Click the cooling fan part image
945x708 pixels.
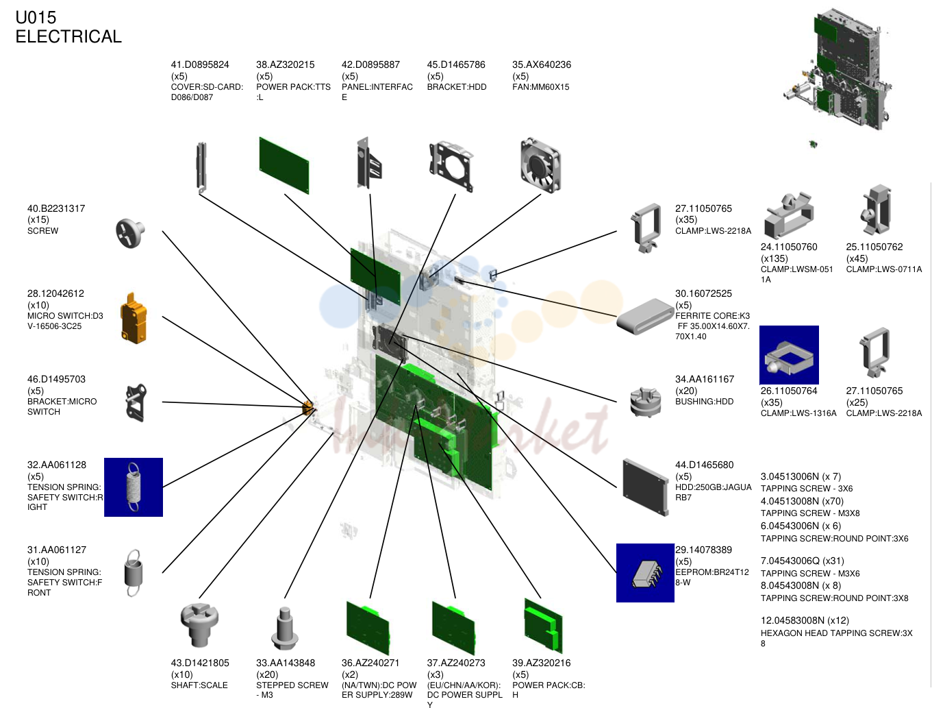pyautogui.click(x=541, y=164)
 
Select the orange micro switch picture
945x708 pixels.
pyautogui.click(x=134, y=318)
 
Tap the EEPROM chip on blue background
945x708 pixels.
pyautogui.click(x=645, y=573)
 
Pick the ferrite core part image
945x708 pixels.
pyautogui.click(x=645, y=316)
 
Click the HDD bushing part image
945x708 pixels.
pyautogui.click(x=645, y=402)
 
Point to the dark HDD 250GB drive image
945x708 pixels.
pyautogui.click(x=646, y=487)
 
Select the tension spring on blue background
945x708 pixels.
pyautogui.click(x=134, y=487)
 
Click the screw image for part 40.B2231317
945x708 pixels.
pyautogui.click(x=130, y=233)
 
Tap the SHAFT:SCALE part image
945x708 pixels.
pyautogui.click(x=199, y=624)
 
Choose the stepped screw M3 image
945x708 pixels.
pyautogui.click(x=285, y=628)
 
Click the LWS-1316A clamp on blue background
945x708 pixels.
pyautogui.click(x=789, y=354)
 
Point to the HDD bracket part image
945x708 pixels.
pyautogui.click(x=451, y=165)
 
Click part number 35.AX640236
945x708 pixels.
pyautogui.click(x=542, y=64)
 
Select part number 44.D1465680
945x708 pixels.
pyautogui.click(x=705, y=465)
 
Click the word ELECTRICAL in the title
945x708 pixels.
pyautogui.click(x=68, y=36)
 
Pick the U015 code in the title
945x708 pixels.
pyautogui.click(x=36, y=18)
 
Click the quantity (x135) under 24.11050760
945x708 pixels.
pyautogui.click(x=774, y=258)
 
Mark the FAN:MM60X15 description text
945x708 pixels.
pyautogui.click(x=541, y=87)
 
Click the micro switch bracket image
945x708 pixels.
pyautogui.click(x=136, y=403)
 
